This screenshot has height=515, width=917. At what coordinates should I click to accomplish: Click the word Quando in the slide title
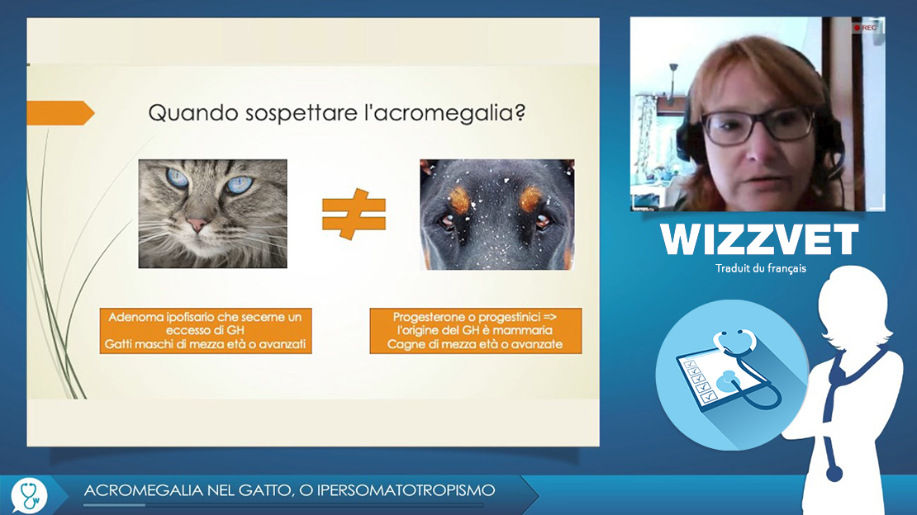point(193,112)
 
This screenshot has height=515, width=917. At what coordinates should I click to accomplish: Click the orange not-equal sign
point(354,214)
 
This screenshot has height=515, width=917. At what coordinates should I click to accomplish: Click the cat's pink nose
point(197,224)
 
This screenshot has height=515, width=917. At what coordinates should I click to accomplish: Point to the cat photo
point(213,214)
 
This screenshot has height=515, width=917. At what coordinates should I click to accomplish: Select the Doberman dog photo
point(497,215)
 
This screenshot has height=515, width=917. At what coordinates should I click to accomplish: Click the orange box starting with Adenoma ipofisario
point(205,331)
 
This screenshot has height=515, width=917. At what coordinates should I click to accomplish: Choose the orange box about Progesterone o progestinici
point(476,331)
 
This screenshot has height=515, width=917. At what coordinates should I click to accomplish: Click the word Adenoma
point(135,317)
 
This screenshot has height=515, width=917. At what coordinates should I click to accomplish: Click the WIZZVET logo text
point(759,239)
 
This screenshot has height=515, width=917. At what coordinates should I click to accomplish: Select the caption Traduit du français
point(760,268)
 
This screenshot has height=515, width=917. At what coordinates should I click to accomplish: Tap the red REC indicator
point(866,27)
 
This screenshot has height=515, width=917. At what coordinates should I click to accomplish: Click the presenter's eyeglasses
point(758,125)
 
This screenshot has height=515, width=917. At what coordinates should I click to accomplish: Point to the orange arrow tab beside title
point(60,113)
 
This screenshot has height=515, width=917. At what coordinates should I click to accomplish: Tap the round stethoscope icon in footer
point(29,496)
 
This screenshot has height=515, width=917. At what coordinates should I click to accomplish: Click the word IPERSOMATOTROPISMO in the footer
point(406,490)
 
